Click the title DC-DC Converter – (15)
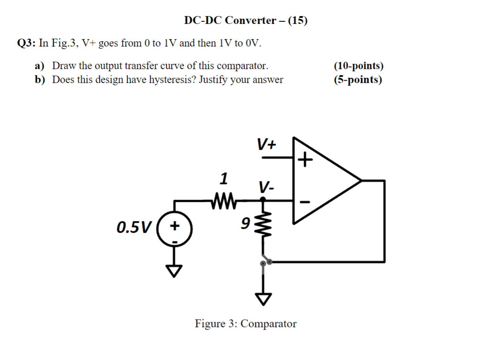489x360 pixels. [245, 20]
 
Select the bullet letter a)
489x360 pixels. [40, 66]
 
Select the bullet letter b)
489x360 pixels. [40, 79]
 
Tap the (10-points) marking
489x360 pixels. [359, 66]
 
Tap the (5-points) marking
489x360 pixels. [358, 79]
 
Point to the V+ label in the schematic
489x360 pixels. [266, 144]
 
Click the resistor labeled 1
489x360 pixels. [224, 200]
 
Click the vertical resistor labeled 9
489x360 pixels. [263, 225]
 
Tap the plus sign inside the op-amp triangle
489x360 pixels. [305, 160]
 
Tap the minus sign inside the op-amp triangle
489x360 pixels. [305, 202]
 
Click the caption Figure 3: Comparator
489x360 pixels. [245, 324]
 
